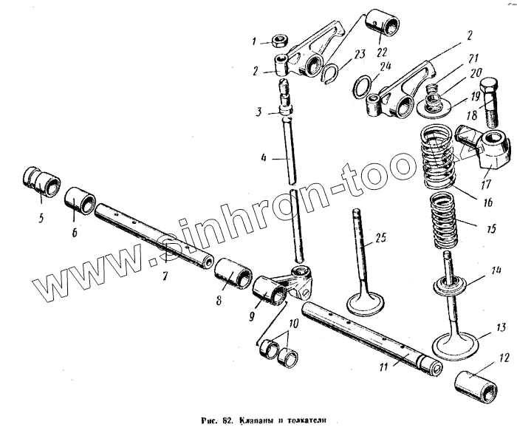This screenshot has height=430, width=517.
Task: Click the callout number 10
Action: point(295,323)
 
